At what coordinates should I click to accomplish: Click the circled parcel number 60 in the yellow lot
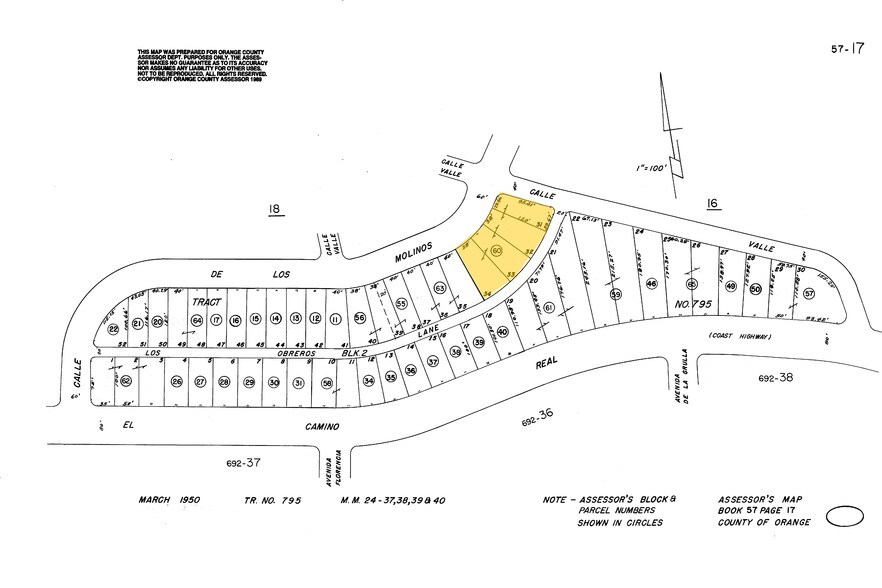point(497,251)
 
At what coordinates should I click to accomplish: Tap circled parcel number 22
point(113,328)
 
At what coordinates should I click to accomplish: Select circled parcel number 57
point(808,294)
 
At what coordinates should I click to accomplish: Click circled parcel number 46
point(651,284)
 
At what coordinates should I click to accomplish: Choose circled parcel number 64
point(196,320)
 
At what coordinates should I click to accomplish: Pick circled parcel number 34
point(368,381)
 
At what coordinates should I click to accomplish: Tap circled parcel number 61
point(548,308)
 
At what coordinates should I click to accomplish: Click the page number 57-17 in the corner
point(846,47)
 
